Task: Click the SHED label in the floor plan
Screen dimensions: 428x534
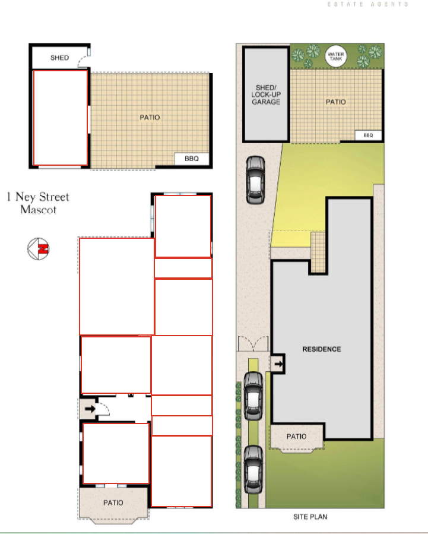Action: point(59,58)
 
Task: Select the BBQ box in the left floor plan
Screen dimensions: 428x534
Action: point(192,159)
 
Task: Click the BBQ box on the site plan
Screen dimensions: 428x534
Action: point(368,135)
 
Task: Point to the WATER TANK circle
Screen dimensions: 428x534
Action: point(336,56)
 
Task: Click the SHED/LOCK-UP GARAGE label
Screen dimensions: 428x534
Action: point(266,94)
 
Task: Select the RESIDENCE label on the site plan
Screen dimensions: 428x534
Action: point(322,349)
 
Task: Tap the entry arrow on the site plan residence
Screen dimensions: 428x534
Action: point(278,364)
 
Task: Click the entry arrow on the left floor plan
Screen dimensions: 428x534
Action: point(90,408)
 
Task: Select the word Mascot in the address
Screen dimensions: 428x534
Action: point(38,209)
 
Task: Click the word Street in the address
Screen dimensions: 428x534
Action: point(54,197)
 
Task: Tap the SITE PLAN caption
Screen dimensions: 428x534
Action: point(310,517)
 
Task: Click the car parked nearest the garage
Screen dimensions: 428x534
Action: point(255,180)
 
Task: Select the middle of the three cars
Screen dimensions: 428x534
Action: point(253,396)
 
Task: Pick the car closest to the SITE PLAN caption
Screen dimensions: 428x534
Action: point(253,470)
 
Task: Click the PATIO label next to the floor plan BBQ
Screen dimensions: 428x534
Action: point(150,117)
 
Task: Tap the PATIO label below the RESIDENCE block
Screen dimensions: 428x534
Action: point(296,436)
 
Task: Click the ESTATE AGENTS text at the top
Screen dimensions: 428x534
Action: point(368,4)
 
